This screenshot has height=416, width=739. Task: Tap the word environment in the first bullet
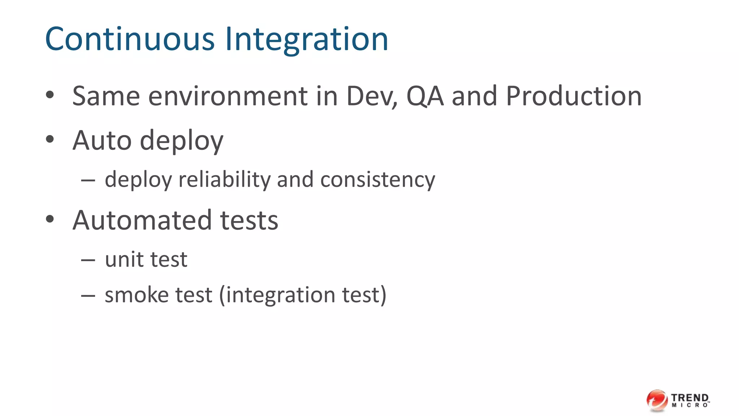coord(228,96)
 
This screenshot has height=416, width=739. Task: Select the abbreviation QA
coord(425,96)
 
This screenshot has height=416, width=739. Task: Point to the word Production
coord(574,96)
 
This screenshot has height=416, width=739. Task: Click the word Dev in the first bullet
coord(371,96)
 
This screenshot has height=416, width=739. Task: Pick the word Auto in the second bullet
coord(102,140)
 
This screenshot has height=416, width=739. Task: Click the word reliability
coord(224,179)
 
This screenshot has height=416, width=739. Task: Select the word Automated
coord(142,220)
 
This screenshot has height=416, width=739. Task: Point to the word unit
coord(123,260)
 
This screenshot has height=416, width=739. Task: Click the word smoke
coord(136,295)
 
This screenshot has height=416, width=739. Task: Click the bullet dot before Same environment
coord(50,95)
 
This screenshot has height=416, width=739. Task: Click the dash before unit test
coord(88,260)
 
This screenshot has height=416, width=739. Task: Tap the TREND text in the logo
coord(690,398)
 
